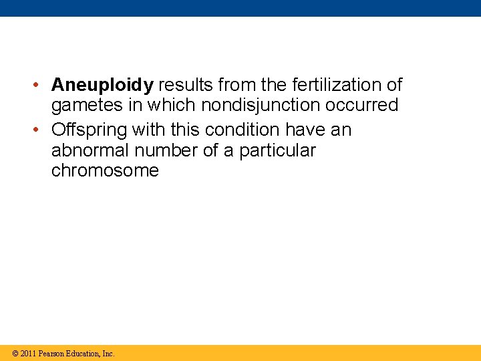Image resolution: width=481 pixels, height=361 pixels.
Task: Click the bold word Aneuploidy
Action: (102, 86)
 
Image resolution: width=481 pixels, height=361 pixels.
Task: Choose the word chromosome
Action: (105, 171)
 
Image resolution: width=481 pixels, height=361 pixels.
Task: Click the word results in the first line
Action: (184, 85)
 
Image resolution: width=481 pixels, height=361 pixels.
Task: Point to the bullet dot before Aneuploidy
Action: (41, 86)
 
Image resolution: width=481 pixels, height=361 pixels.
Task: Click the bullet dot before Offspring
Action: (41, 130)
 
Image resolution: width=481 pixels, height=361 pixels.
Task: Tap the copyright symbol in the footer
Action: (15, 354)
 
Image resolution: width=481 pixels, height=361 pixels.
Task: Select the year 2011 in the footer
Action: (28, 354)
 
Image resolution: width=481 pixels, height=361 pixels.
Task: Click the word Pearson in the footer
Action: (51, 354)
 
